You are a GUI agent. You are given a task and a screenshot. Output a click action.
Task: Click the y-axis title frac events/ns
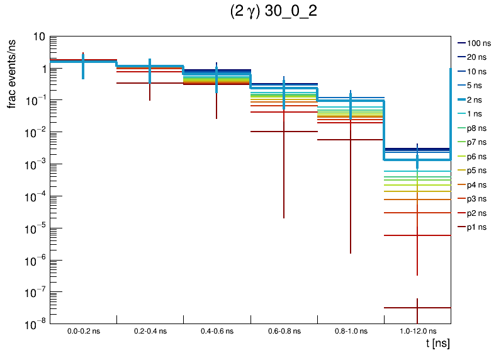(x=12, y=72)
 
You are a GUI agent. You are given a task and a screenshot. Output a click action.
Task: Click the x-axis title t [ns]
(x=436, y=344)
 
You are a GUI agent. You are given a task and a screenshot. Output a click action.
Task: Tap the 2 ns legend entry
(x=475, y=99)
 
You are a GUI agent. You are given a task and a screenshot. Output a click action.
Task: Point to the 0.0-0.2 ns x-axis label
(x=83, y=330)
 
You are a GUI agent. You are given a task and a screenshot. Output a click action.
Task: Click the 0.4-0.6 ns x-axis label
(x=217, y=330)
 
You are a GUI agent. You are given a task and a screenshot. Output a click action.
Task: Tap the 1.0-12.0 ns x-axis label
(x=417, y=330)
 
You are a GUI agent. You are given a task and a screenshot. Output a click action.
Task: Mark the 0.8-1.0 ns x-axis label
(x=351, y=330)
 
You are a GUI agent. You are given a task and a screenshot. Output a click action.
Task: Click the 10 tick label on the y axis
(x=38, y=37)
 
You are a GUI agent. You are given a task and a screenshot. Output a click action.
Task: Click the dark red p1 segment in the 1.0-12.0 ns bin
(x=403, y=307)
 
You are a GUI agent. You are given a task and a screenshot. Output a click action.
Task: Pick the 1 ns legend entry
(x=475, y=114)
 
